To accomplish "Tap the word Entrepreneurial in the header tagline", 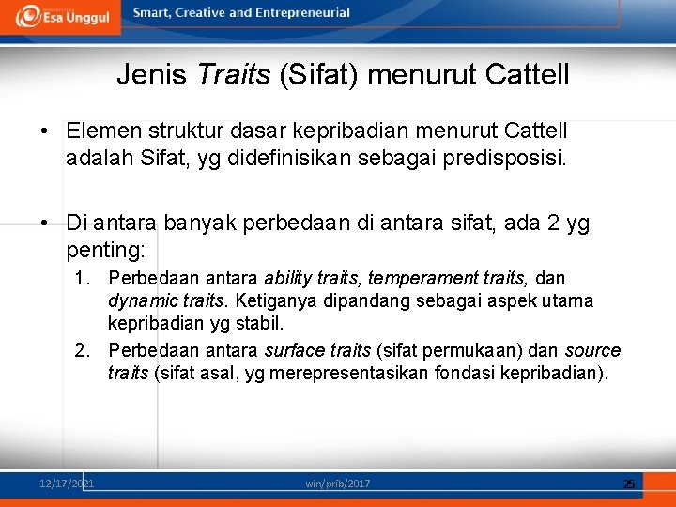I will (x=302, y=13).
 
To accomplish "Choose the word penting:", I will (x=106, y=249).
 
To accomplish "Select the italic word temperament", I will (x=415, y=278).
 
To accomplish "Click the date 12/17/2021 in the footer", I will (x=67, y=483).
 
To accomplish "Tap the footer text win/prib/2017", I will (x=337, y=483).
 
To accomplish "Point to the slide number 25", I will (x=629, y=484).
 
